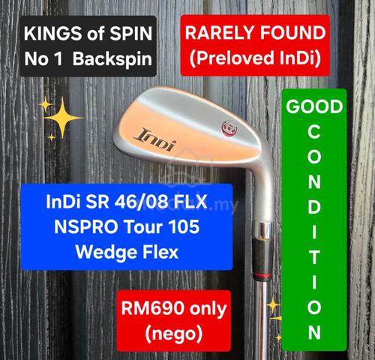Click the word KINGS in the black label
pyautogui.click(x=53, y=34)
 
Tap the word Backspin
pyautogui.click(x=112, y=59)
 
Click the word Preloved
pyautogui.click(x=231, y=58)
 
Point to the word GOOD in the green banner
pyautogui.click(x=314, y=106)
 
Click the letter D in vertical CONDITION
pyautogui.click(x=314, y=207)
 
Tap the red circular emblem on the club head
pyautogui.click(x=229, y=127)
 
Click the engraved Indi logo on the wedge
pyautogui.click(x=156, y=140)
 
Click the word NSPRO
pyautogui.click(x=86, y=227)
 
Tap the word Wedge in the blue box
pyautogui.click(x=106, y=253)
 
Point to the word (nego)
pyautogui.click(x=174, y=334)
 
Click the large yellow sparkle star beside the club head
pyautogui.click(x=63, y=118)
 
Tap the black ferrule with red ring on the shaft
pyautogui.click(x=262, y=259)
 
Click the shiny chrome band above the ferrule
pyautogui.click(x=263, y=229)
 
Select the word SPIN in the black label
pyautogui.click(x=131, y=34)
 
